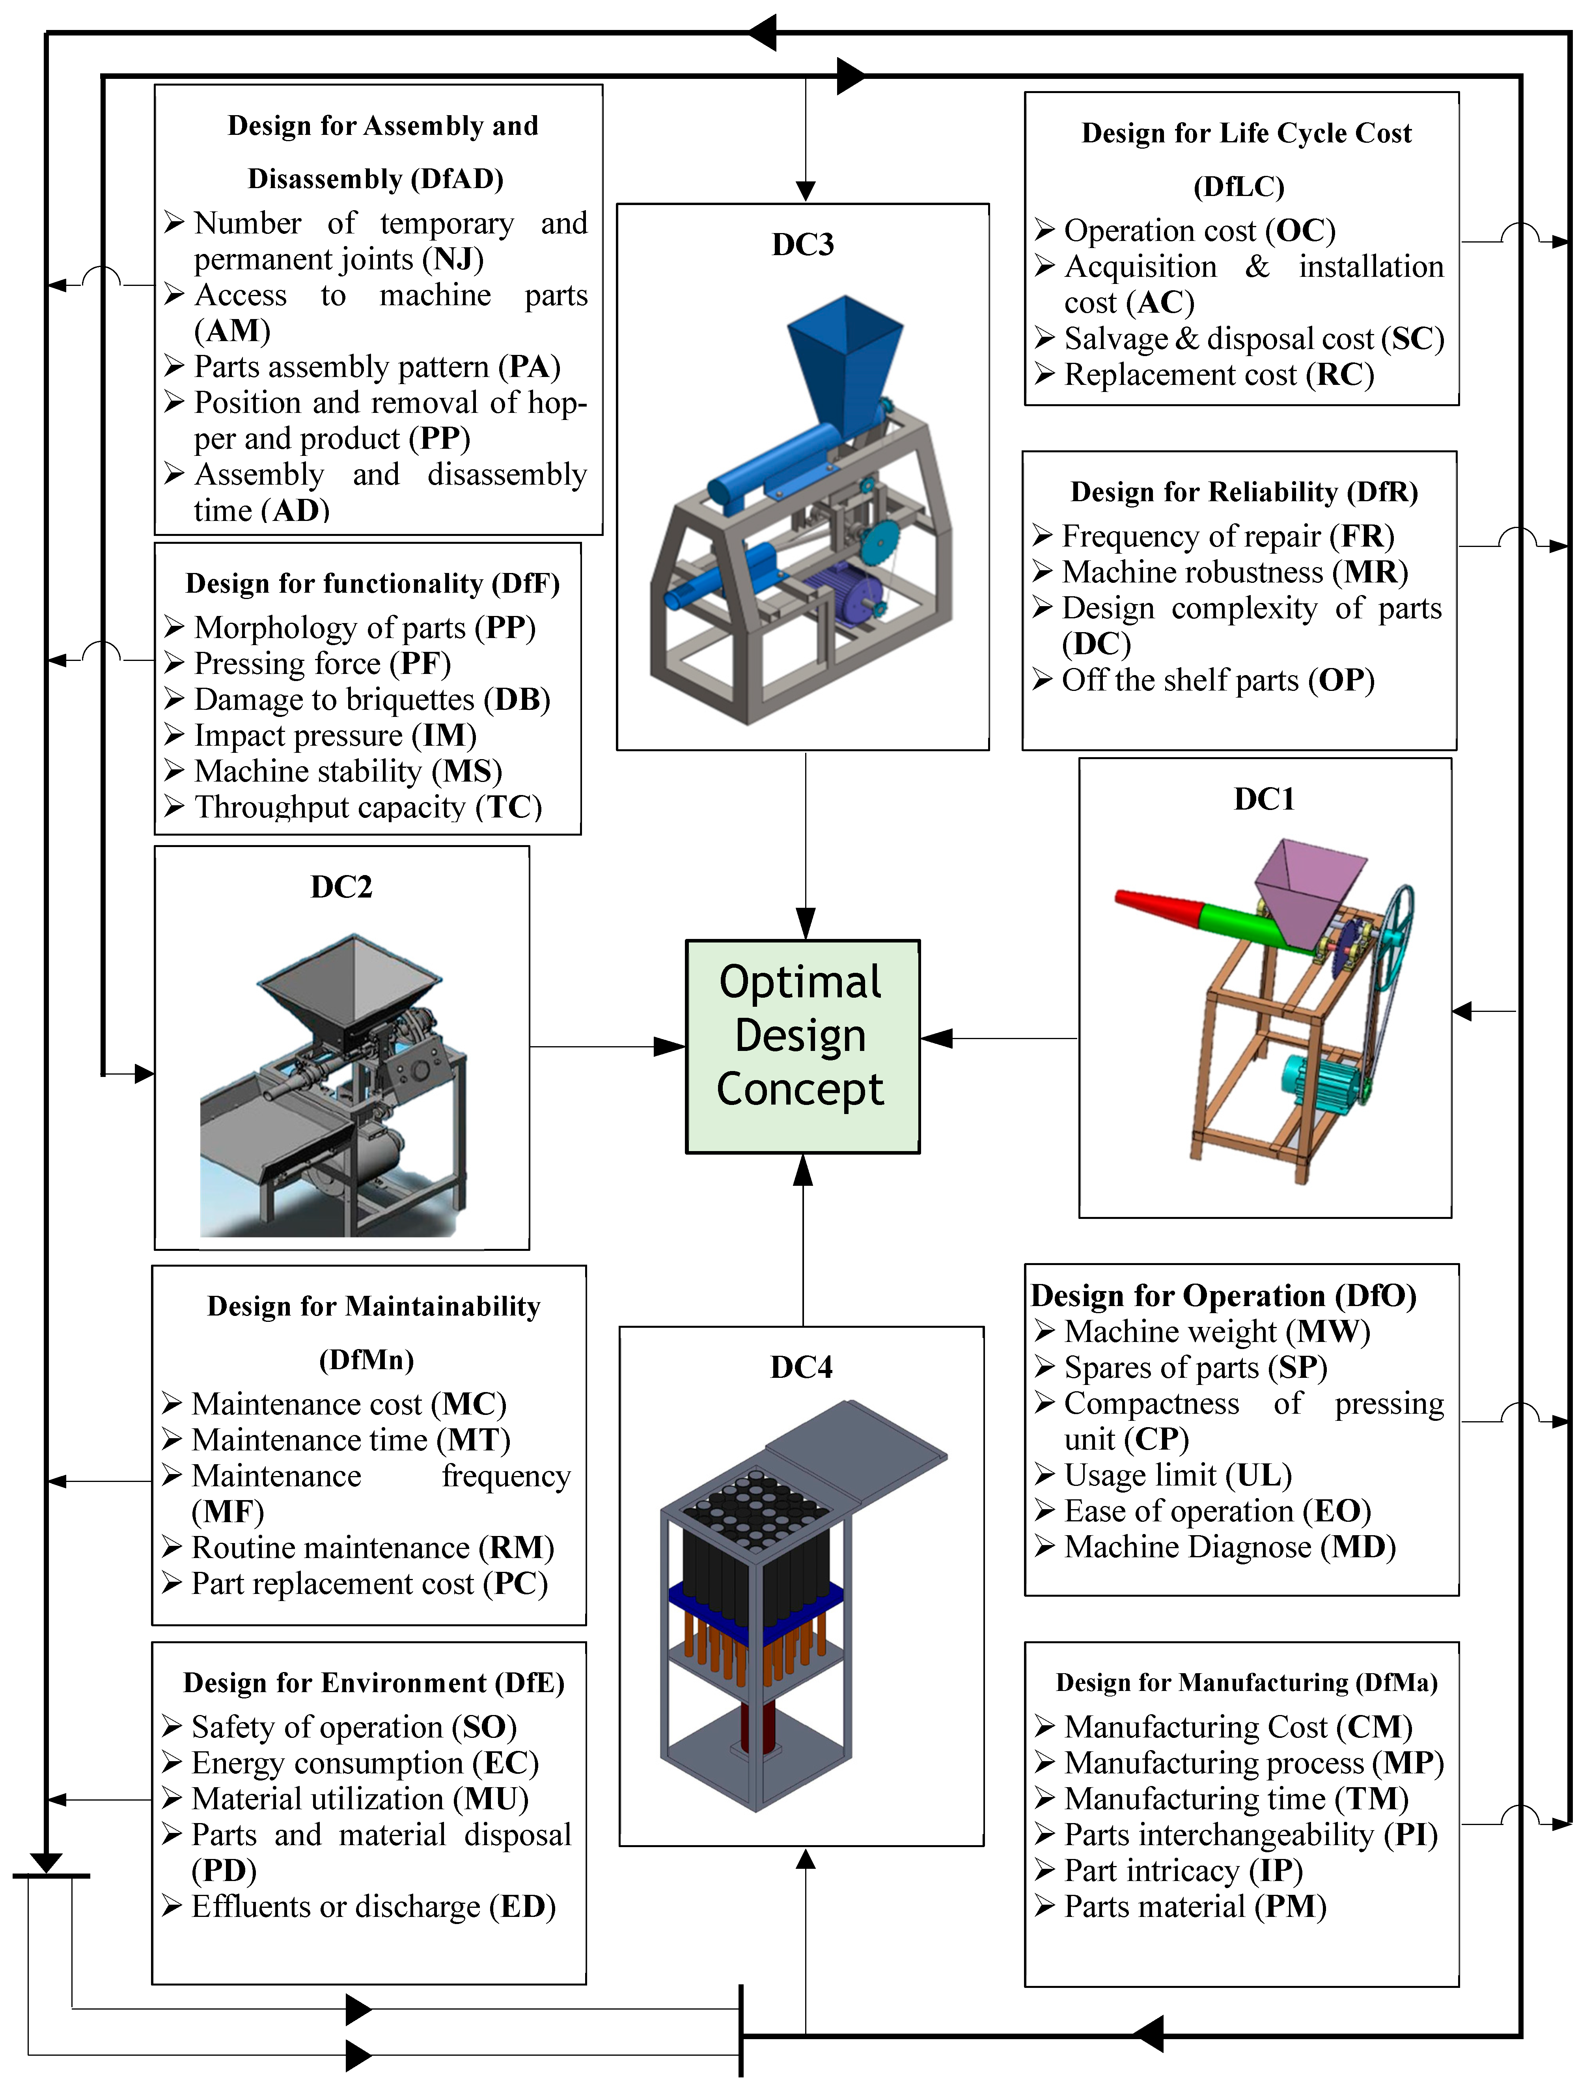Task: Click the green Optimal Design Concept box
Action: tap(802, 1045)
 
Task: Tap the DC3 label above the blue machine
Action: tap(802, 244)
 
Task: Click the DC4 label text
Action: tap(801, 1366)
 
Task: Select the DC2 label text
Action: tap(342, 886)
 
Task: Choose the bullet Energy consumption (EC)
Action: tap(365, 1762)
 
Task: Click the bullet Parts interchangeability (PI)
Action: tap(1250, 1834)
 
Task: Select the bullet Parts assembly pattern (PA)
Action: tap(377, 366)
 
